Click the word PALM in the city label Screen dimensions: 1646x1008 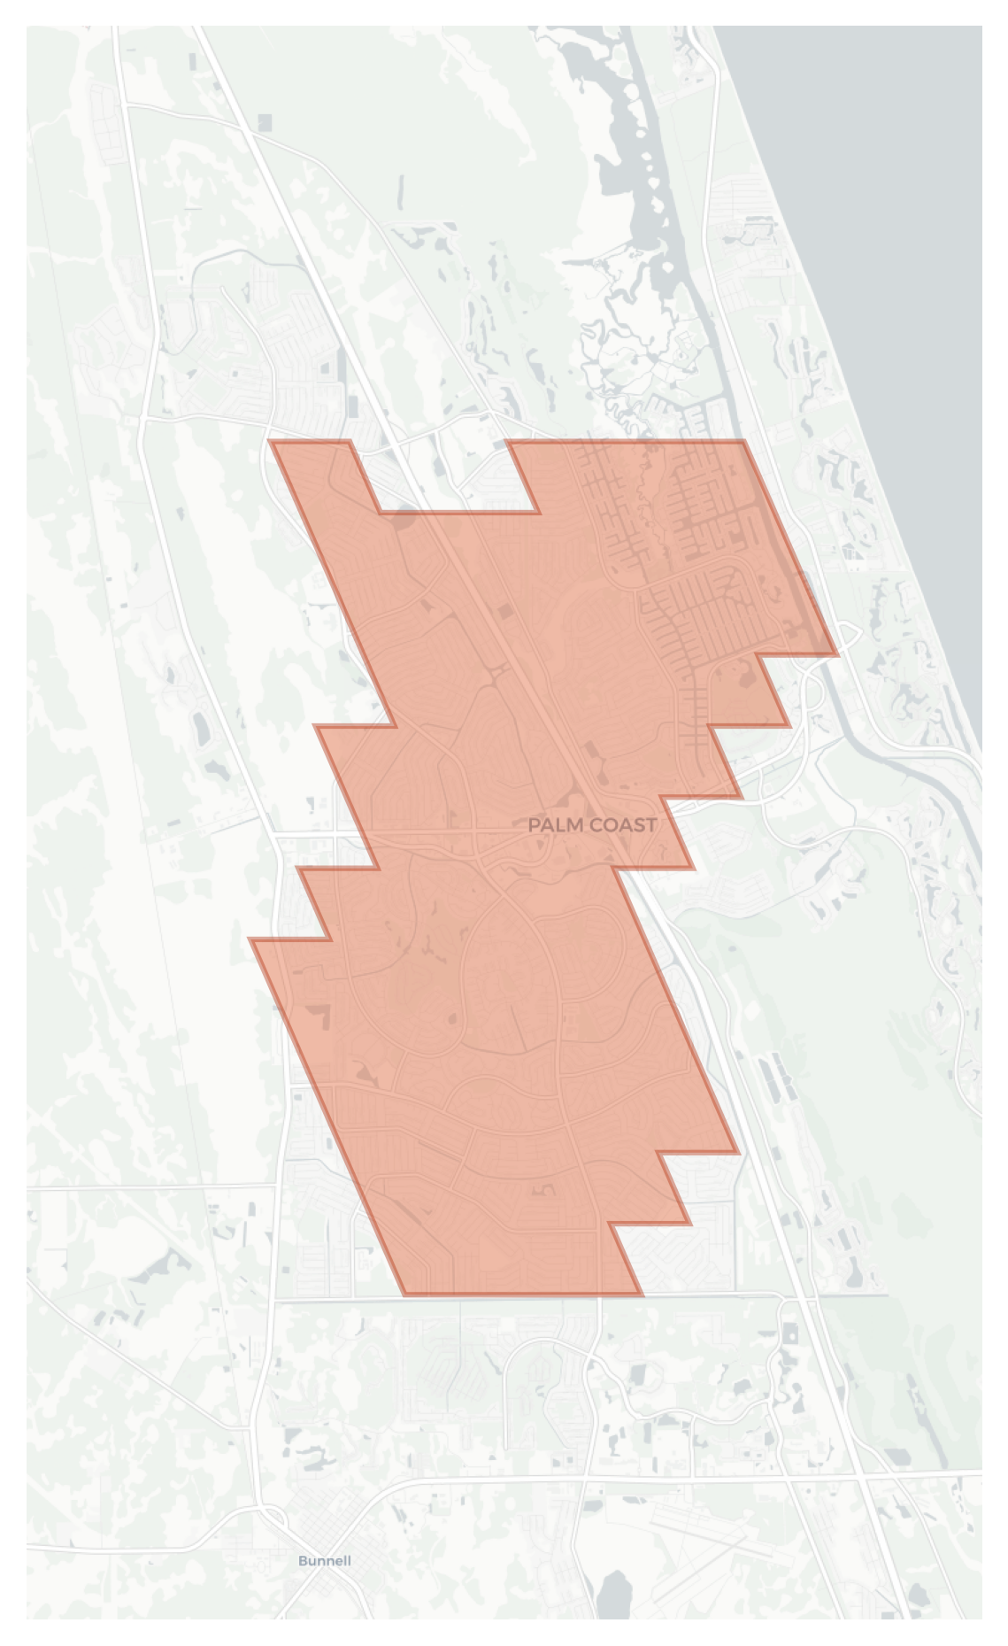pos(553,825)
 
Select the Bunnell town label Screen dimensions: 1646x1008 pos(324,1560)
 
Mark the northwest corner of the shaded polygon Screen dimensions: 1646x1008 pos(272,441)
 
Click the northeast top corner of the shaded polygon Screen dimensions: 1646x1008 pos(743,441)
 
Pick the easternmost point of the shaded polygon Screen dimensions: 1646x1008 pos(836,654)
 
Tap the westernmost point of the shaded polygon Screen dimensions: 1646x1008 pos(251,939)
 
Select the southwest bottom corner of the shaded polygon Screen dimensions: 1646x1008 pos(404,1294)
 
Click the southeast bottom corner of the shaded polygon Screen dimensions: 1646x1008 pos(643,1294)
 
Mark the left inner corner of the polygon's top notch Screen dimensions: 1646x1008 pos(381,512)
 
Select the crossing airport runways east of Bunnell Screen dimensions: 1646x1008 pos(708,1541)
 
